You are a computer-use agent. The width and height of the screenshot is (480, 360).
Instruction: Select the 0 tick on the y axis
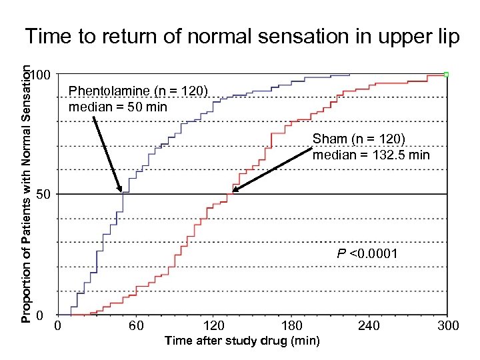pos(40,315)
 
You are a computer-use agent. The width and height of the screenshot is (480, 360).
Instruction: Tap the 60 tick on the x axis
pos(136,326)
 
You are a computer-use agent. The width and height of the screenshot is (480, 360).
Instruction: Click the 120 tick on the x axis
pos(213,326)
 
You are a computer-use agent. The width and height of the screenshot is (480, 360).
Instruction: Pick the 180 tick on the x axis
pos(291,326)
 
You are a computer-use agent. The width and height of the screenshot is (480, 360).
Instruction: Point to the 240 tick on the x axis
pos(369,326)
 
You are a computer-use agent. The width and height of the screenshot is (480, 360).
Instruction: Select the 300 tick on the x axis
pos(447,326)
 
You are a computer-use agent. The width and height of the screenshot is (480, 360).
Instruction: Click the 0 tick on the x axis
pos(58,326)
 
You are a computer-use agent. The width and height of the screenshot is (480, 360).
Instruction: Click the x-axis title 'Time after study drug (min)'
pos(242,341)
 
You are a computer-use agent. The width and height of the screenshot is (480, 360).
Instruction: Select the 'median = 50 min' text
pos(118,107)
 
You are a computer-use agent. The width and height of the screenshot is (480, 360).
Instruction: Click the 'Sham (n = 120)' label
pos(359,139)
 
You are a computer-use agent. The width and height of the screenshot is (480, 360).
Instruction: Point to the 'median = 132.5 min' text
pos(371,155)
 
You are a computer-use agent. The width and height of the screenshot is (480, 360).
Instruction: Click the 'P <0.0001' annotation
pos(367,253)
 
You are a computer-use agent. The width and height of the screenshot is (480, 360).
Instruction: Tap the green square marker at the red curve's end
pos(446,74)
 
